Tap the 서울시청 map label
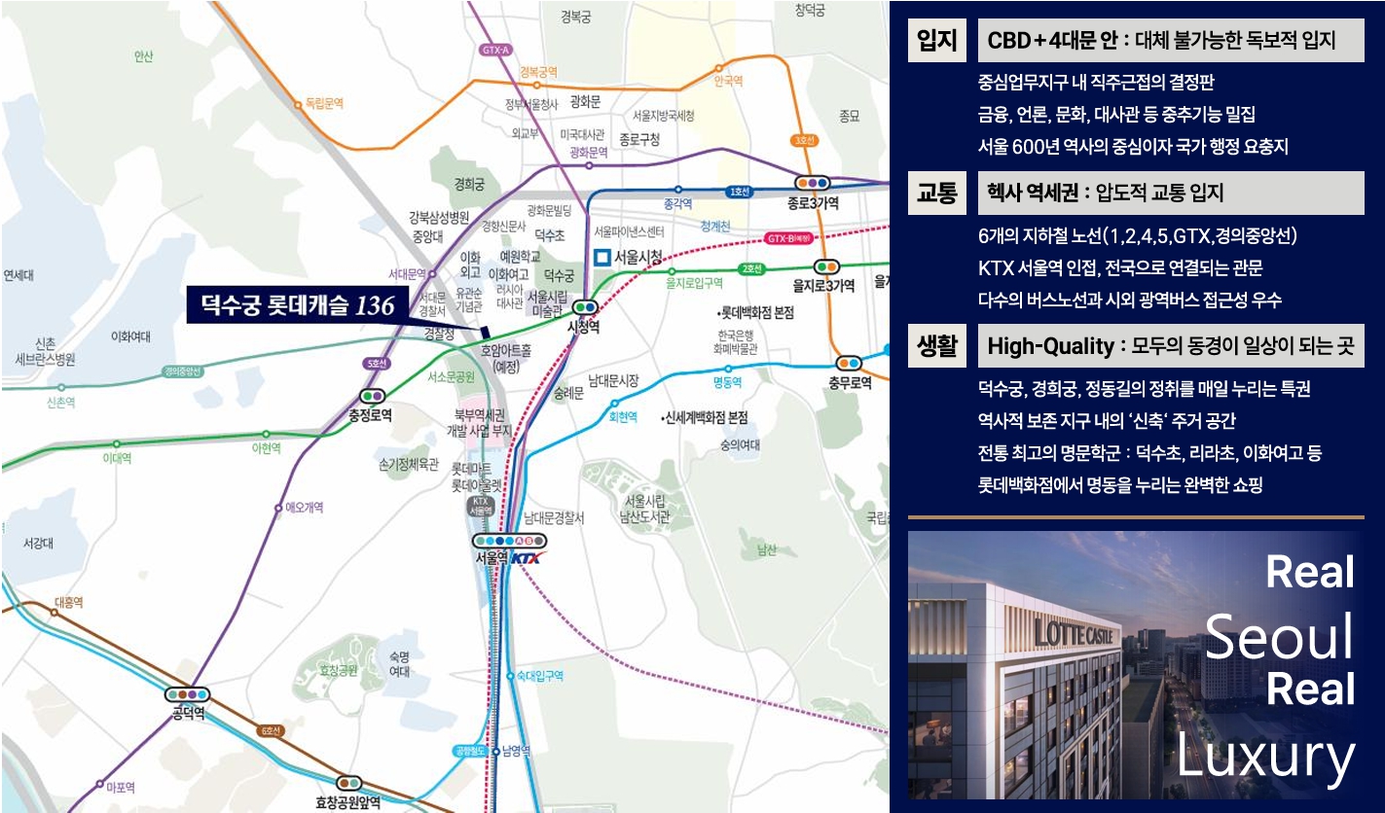638,258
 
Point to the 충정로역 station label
370,415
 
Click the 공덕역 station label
189,715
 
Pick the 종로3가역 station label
813,203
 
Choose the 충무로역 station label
850,382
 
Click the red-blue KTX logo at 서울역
528,558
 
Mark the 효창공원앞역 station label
347,802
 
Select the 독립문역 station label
325,102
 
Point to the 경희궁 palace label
469,183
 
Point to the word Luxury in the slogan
1265,756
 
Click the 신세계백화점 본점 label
705,417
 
